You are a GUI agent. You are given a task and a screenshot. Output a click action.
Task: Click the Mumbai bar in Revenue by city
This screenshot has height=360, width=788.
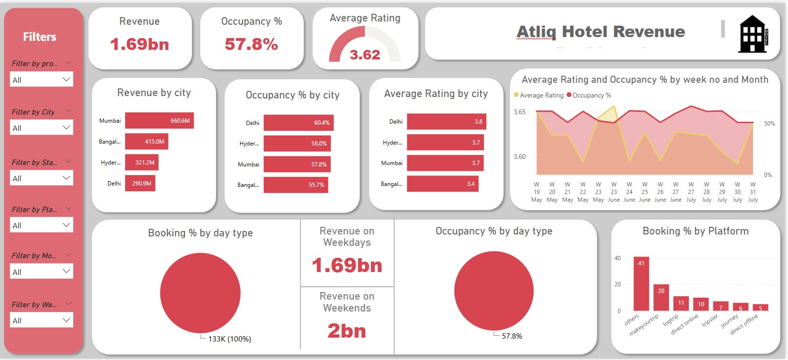[x=159, y=121]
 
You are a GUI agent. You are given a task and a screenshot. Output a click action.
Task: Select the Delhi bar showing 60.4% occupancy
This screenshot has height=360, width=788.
[x=298, y=123]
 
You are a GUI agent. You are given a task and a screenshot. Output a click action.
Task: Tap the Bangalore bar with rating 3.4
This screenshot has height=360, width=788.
[x=442, y=184]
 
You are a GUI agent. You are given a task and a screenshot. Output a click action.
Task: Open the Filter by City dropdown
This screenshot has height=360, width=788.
[x=41, y=128]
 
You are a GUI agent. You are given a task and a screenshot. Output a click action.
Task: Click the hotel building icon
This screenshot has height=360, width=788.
[x=753, y=34]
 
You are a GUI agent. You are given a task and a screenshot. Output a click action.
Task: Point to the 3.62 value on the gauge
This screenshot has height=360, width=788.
[x=365, y=55]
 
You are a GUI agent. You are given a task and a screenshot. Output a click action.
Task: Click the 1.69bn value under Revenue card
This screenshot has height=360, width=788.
[x=139, y=45]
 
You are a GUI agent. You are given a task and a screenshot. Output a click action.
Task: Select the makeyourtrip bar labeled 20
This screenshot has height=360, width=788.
[x=661, y=298]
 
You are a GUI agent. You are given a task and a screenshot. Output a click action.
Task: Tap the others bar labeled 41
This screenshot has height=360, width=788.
[x=641, y=284]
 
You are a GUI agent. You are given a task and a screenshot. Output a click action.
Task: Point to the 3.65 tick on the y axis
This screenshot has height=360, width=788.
[x=519, y=112]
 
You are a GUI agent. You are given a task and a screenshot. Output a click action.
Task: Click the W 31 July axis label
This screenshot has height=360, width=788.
[x=753, y=192]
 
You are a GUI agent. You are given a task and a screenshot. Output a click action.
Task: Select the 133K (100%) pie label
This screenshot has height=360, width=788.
[x=229, y=339]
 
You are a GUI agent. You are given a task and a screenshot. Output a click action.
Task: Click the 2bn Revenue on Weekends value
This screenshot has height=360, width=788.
[x=346, y=331]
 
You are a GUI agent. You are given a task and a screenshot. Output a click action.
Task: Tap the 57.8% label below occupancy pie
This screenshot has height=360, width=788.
[x=512, y=336]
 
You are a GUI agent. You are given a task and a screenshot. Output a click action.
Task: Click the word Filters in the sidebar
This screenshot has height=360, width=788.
[x=39, y=37]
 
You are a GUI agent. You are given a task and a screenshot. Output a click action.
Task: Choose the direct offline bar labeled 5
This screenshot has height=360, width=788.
[x=760, y=308]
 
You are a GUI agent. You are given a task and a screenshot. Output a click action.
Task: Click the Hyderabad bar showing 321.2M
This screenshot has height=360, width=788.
[x=141, y=163]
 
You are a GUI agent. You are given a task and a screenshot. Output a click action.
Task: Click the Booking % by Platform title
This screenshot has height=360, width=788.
[x=695, y=231]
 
